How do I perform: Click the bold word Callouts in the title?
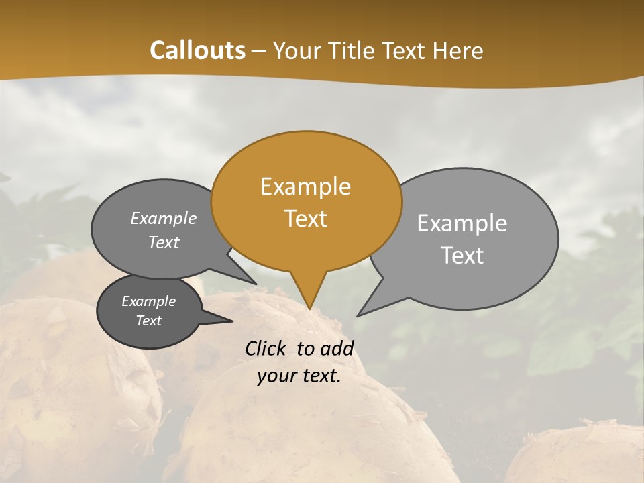pyautogui.click(x=197, y=50)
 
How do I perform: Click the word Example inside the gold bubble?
pyautogui.click(x=305, y=186)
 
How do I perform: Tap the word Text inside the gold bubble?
pyautogui.click(x=306, y=219)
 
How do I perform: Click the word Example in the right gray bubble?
pyautogui.click(x=462, y=223)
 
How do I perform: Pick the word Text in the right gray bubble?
pyautogui.click(x=462, y=256)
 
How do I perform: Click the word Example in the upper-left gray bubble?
pyautogui.click(x=164, y=218)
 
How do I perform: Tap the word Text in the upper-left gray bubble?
pyautogui.click(x=164, y=242)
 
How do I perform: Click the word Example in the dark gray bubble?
pyautogui.click(x=148, y=301)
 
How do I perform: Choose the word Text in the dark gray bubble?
pyautogui.click(x=148, y=321)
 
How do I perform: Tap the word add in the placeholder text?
pyautogui.click(x=337, y=348)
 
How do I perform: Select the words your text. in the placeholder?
pyautogui.click(x=299, y=376)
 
